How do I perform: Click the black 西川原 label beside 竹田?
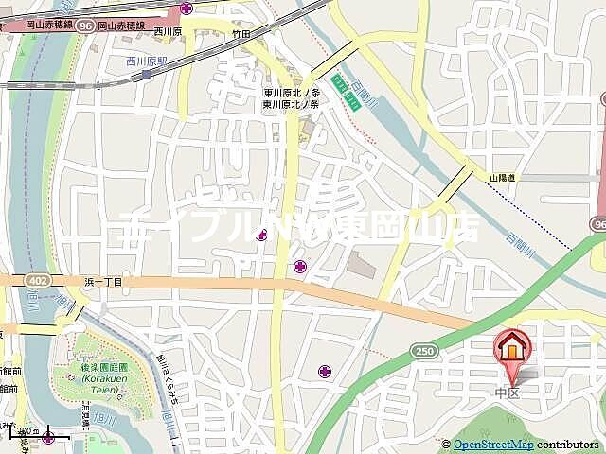[x=168, y=32]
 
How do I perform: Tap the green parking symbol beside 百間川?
[x=351, y=100]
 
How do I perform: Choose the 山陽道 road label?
[x=503, y=177]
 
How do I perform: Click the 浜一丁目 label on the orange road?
[x=103, y=281]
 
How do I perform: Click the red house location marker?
[x=511, y=350]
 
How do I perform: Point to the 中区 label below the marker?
[x=508, y=392]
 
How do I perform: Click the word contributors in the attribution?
[x=568, y=445]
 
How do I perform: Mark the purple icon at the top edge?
[x=186, y=8]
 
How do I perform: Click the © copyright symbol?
[x=446, y=445]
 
